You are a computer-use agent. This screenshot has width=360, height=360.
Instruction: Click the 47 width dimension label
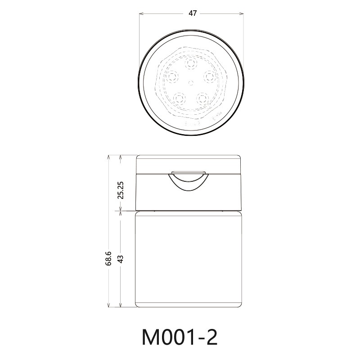tap(192, 13)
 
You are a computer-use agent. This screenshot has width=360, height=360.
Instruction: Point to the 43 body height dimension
tap(120, 258)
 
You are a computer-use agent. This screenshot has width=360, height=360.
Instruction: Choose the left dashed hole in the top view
tap(173, 76)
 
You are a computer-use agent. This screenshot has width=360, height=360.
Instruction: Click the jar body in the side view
tap(189, 259)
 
